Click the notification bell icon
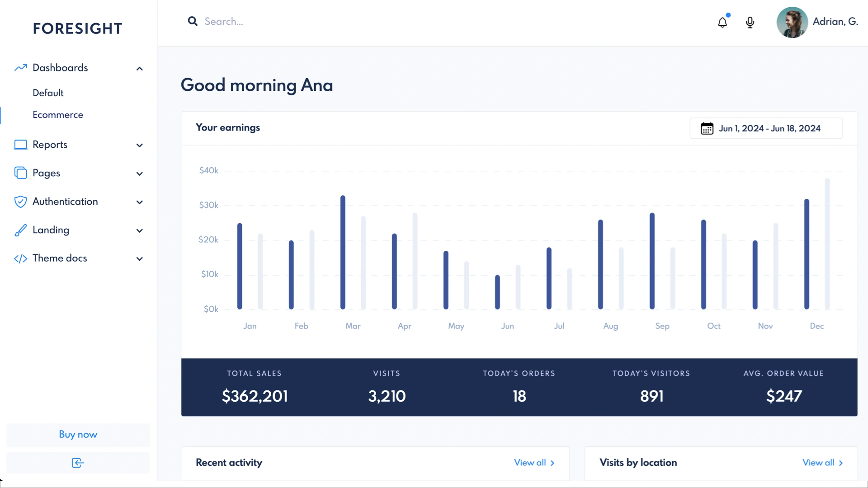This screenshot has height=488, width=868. coord(722,22)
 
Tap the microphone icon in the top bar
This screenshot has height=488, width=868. coord(750,22)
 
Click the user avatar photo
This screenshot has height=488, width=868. coord(792,22)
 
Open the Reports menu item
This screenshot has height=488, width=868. coord(50,145)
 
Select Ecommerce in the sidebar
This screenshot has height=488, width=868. coord(58,115)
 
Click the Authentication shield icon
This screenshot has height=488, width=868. coord(20,202)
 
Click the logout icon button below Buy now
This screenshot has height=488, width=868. coord(78,463)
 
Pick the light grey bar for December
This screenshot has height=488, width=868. coord(827,244)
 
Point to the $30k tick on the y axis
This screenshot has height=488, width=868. coord(208,205)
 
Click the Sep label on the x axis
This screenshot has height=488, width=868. coord(662,326)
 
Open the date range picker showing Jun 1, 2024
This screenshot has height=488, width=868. coord(766,128)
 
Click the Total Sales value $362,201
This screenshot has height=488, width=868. coord(255,396)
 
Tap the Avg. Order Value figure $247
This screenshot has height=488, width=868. coord(783,396)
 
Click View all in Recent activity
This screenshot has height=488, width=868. coord(534,463)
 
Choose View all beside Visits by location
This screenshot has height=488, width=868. coord(822,463)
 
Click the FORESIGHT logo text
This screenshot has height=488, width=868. coord(77,28)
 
